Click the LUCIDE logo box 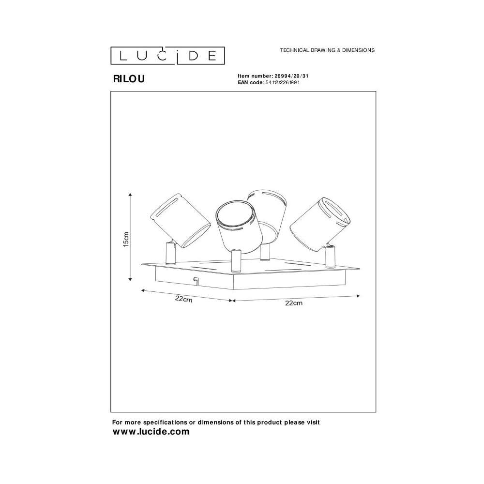[167, 56]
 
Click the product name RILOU [129, 79]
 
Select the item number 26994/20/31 [291, 76]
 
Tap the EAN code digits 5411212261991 [283, 82]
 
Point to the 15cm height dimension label [126, 239]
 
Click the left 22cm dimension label [183, 299]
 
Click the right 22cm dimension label [294, 303]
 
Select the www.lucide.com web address [151, 432]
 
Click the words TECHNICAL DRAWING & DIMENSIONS [327, 50]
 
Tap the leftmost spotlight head [180, 220]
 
